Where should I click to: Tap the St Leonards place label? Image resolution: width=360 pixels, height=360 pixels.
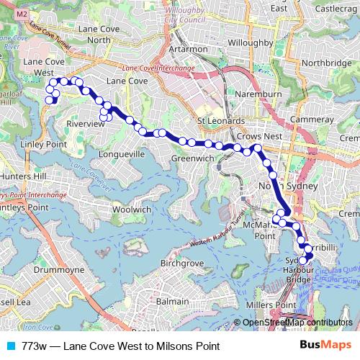[221, 121]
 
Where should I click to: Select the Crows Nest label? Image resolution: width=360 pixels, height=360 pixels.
[258, 135]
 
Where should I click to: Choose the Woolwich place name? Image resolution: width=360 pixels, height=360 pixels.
[132, 210]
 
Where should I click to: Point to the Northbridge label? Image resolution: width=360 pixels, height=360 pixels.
[327, 63]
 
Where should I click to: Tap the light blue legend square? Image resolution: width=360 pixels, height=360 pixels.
[9, 346]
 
